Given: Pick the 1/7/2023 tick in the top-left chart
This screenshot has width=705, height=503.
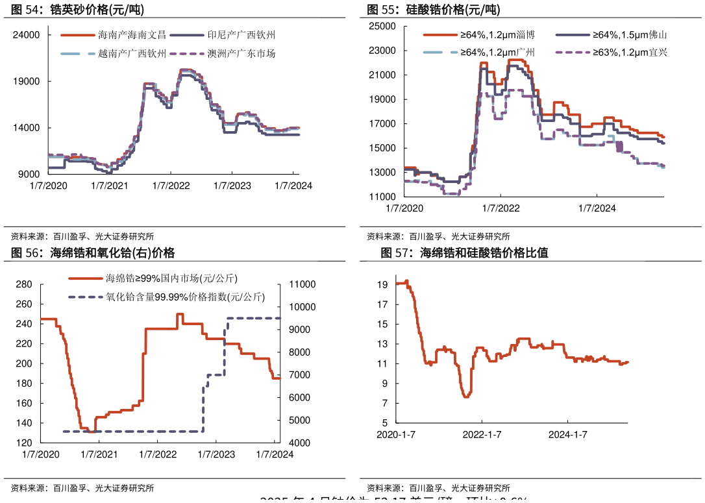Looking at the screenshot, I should coord(232,186).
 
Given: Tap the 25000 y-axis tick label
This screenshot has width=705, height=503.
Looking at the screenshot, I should coord(382,26).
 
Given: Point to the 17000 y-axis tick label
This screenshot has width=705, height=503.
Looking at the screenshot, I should coord(382,124).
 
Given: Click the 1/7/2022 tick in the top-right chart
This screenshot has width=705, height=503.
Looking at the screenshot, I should coord(501,208).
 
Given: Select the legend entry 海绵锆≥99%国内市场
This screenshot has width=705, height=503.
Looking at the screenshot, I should coord(171,278).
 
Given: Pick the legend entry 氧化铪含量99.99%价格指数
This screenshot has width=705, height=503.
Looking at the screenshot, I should coord(185,298).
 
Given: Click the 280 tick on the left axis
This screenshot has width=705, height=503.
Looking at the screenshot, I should coord(24,284).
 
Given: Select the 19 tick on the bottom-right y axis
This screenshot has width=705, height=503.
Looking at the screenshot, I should coord(382,284).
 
